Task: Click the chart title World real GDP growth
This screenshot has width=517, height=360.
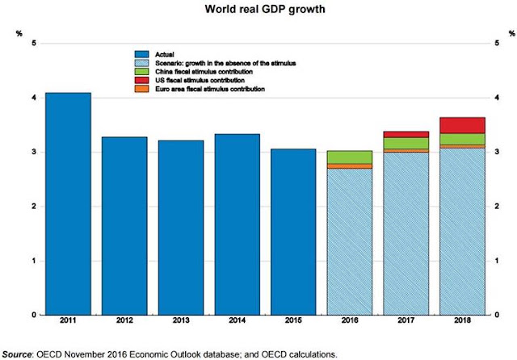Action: click(x=265, y=9)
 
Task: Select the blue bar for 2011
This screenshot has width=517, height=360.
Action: click(x=68, y=204)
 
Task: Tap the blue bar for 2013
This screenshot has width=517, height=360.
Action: click(x=181, y=228)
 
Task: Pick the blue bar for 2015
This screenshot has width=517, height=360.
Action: click(x=293, y=232)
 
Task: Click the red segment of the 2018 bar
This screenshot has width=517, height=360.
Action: click(x=462, y=125)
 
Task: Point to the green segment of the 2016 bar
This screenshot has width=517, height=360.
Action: click(x=350, y=157)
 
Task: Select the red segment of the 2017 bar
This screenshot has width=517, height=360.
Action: click(x=406, y=134)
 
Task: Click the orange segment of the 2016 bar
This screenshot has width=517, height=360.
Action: click(x=350, y=166)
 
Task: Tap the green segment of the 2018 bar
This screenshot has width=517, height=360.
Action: click(x=462, y=139)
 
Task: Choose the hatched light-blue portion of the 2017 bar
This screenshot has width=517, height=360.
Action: click(x=406, y=234)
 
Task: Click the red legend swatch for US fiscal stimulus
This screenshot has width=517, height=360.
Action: click(x=142, y=80)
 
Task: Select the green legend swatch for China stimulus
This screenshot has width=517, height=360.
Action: click(x=142, y=72)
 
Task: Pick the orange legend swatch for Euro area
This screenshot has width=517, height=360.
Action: click(x=142, y=89)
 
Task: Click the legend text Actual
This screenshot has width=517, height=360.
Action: click(x=165, y=54)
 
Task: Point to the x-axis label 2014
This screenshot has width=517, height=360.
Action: click(x=237, y=320)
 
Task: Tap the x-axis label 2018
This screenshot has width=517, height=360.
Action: click(x=462, y=320)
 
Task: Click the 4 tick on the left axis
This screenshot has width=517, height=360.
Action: click(x=34, y=98)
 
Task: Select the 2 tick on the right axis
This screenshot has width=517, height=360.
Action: click(x=497, y=206)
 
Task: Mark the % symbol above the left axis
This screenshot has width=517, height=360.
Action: click(x=19, y=34)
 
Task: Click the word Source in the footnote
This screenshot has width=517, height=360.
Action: click(x=17, y=354)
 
